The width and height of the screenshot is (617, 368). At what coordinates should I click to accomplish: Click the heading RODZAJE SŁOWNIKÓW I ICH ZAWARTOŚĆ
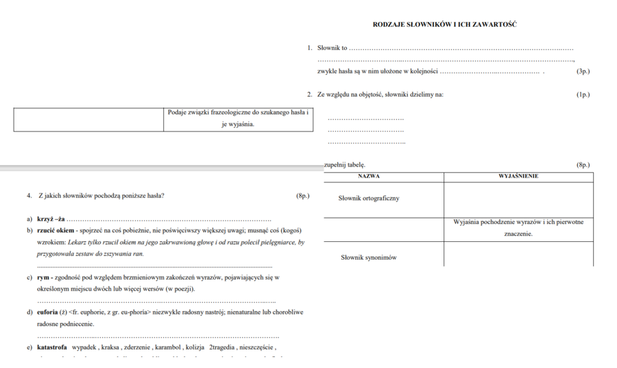[x=444, y=25]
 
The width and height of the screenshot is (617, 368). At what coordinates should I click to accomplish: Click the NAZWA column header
[x=369, y=177]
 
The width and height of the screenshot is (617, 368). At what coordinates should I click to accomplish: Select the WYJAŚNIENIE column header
[x=518, y=177]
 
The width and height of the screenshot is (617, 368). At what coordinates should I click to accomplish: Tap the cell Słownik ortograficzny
[x=369, y=199]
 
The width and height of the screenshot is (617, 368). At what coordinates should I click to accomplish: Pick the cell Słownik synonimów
[x=369, y=258]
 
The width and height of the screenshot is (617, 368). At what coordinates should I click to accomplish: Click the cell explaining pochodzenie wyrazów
[x=518, y=228]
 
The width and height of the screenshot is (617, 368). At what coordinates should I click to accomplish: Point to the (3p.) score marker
[x=583, y=71]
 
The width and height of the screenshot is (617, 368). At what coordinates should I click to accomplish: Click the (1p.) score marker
[x=583, y=95]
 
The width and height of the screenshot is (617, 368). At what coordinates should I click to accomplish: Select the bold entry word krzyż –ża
[x=51, y=219]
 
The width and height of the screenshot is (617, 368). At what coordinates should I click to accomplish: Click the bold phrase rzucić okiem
[x=56, y=230]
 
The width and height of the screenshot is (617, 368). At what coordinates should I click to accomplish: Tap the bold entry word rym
[x=43, y=278]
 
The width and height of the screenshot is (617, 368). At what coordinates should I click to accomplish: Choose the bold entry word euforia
[x=48, y=312]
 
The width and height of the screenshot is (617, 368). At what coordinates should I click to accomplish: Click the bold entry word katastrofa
[x=52, y=347]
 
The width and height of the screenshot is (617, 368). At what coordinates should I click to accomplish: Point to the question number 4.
[x=29, y=195]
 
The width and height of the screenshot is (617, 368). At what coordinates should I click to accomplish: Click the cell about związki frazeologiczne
[x=238, y=118]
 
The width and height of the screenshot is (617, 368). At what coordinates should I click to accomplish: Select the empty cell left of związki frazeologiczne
[x=88, y=119]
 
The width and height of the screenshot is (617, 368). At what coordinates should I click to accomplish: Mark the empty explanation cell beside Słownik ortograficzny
[x=518, y=199]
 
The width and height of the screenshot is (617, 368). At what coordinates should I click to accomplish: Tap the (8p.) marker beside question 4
[x=302, y=195]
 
